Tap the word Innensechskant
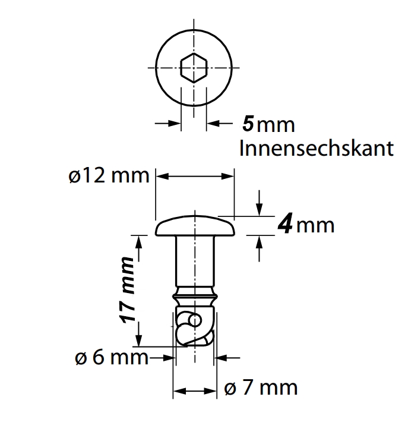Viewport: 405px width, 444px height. (316, 149)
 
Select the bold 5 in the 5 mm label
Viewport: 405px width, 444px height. (248, 124)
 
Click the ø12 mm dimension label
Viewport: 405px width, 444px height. (107, 177)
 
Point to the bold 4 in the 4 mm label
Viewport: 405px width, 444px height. (286, 225)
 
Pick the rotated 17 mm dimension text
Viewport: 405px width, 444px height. (128, 291)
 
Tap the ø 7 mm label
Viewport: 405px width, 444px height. (261, 388)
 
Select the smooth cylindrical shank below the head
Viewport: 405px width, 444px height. (195, 262)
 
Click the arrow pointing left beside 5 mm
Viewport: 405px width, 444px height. (215, 124)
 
